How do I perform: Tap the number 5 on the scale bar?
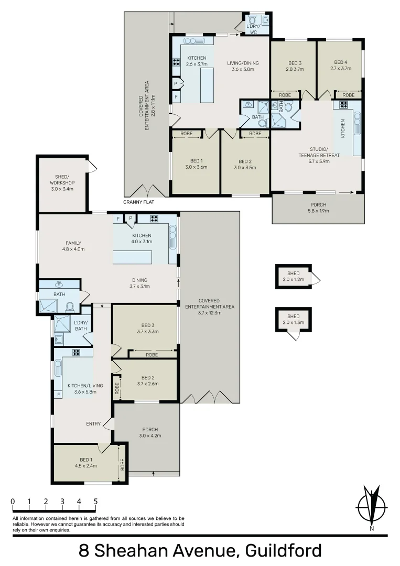[x=95, y=501]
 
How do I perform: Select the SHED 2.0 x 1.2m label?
[x=293, y=276]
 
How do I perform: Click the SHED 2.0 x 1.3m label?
[x=293, y=319]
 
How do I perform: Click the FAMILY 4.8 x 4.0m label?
[x=73, y=246]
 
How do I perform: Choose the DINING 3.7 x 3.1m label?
[x=139, y=283]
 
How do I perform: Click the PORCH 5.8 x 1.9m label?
[x=317, y=208]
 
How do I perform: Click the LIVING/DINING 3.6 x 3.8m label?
[x=243, y=66]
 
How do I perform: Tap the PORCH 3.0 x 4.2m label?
[x=149, y=432]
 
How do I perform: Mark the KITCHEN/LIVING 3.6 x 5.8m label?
[x=78, y=388]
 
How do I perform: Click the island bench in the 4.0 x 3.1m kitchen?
[x=133, y=257]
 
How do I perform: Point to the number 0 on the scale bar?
[x=13, y=501]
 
